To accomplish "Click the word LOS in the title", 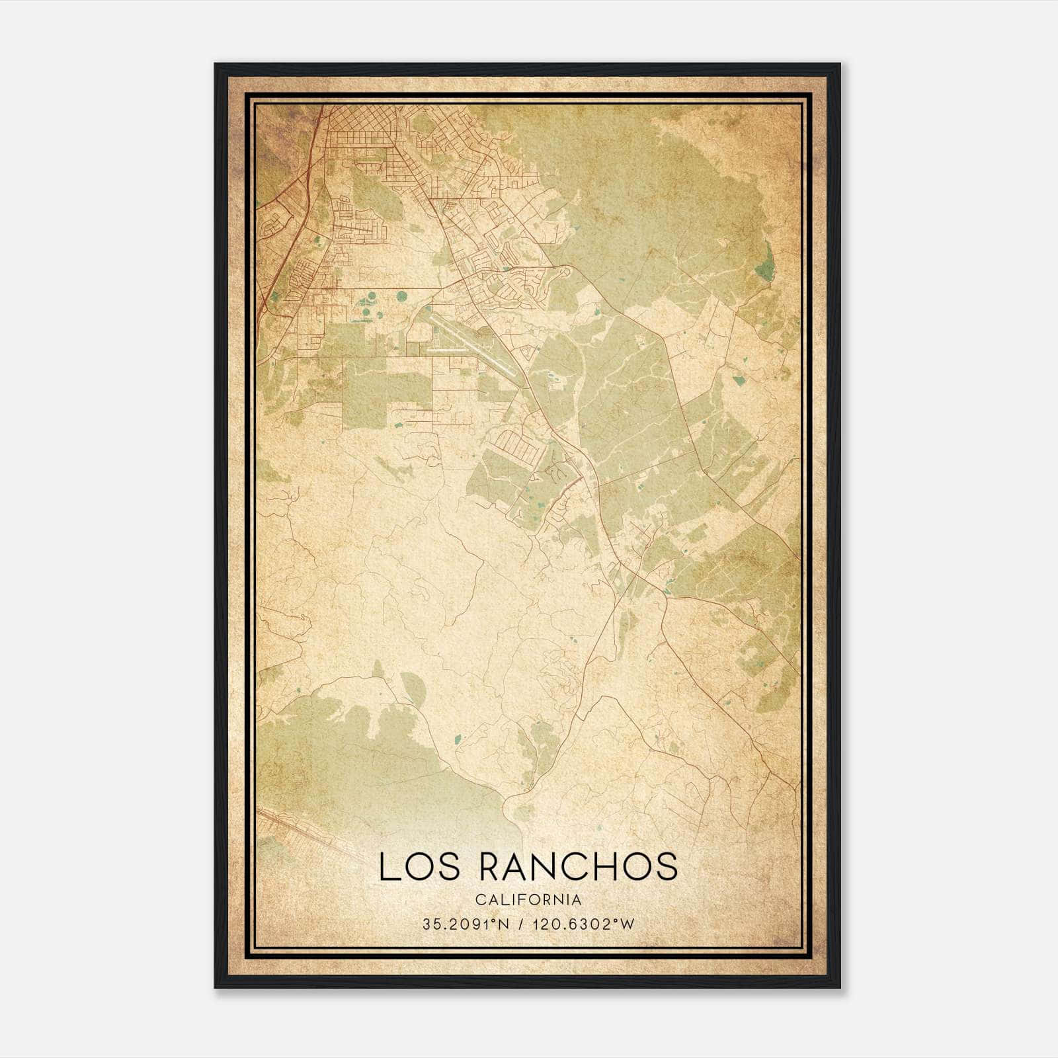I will click(x=413, y=866).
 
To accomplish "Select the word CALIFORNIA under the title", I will click(x=528, y=900).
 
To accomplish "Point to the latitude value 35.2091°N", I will click(x=466, y=924).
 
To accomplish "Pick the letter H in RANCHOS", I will click(x=600, y=866).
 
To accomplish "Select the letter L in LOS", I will click(x=387, y=866).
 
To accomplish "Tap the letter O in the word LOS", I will click(x=414, y=866).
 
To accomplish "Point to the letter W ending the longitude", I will click(x=627, y=924).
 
